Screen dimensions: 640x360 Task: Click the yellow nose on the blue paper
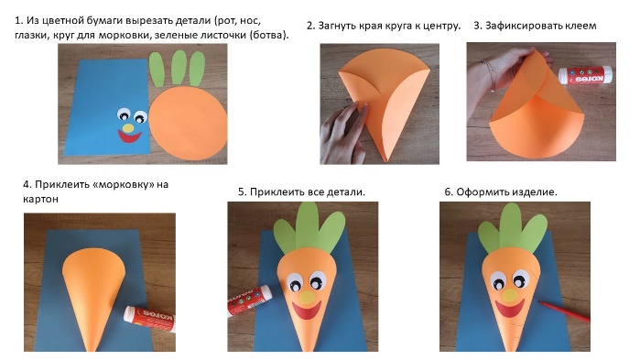pos(128,127)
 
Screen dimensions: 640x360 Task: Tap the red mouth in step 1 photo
pos(129,137)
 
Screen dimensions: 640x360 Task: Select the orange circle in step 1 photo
pos(188,123)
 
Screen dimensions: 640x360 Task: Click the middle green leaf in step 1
pos(179,67)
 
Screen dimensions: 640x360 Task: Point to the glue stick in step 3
pos(585,75)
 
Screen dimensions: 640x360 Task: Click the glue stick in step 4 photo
pos(150,319)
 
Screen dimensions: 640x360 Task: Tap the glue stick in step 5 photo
pos(249,300)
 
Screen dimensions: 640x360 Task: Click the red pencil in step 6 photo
pos(564,311)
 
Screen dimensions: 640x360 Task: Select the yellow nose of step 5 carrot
pos(308,296)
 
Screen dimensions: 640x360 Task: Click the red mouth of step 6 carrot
pos(509,309)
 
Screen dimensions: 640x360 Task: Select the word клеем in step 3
pos(580,26)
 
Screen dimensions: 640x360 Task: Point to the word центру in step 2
pos(441,27)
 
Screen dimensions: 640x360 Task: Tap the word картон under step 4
pos(40,199)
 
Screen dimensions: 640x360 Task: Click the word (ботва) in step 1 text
pos(268,35)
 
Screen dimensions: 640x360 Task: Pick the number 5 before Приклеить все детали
pos(241,191)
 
